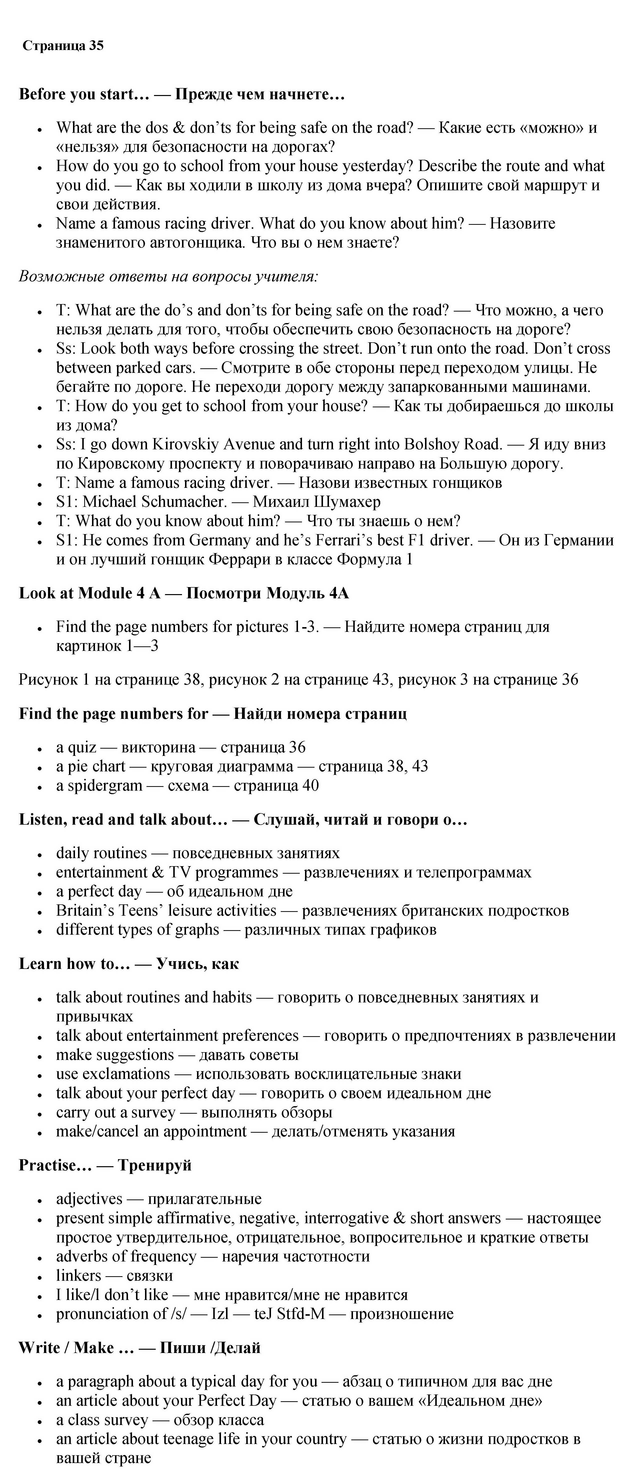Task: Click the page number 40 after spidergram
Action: pos(310,786)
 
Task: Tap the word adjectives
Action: pos(89,1199)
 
